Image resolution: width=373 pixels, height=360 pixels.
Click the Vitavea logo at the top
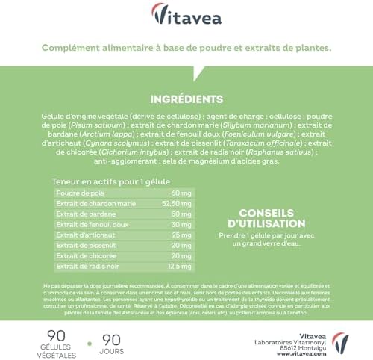tap(186, 14)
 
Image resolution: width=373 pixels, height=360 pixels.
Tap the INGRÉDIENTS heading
tap(186, 99)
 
